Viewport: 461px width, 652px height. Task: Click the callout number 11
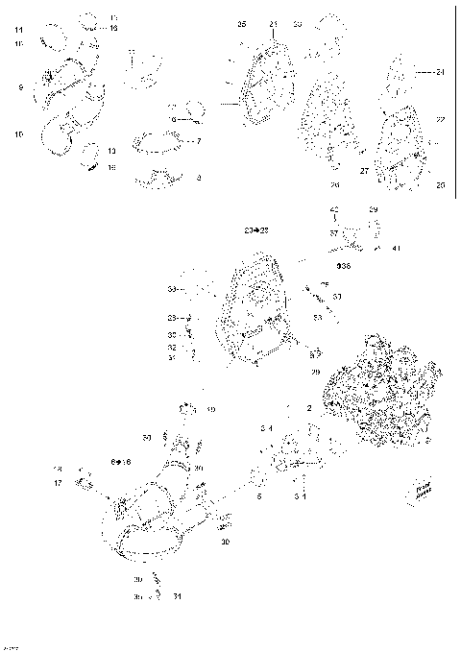(18, 31)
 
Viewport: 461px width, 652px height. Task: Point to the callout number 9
(19, 88)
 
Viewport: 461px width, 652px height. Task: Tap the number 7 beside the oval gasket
(198, 141)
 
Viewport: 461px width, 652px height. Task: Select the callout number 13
(111, 151)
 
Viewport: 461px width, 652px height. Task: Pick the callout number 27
(364, 170)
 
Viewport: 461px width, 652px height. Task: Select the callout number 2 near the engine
(309, 408)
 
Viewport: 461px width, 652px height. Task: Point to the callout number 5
(259, 496)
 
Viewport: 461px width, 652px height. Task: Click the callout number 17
(58, 483)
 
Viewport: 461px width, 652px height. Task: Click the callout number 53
(317, 316)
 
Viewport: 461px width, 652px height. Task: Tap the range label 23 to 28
(256, 232)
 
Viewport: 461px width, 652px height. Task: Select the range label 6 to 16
(121, 462)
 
